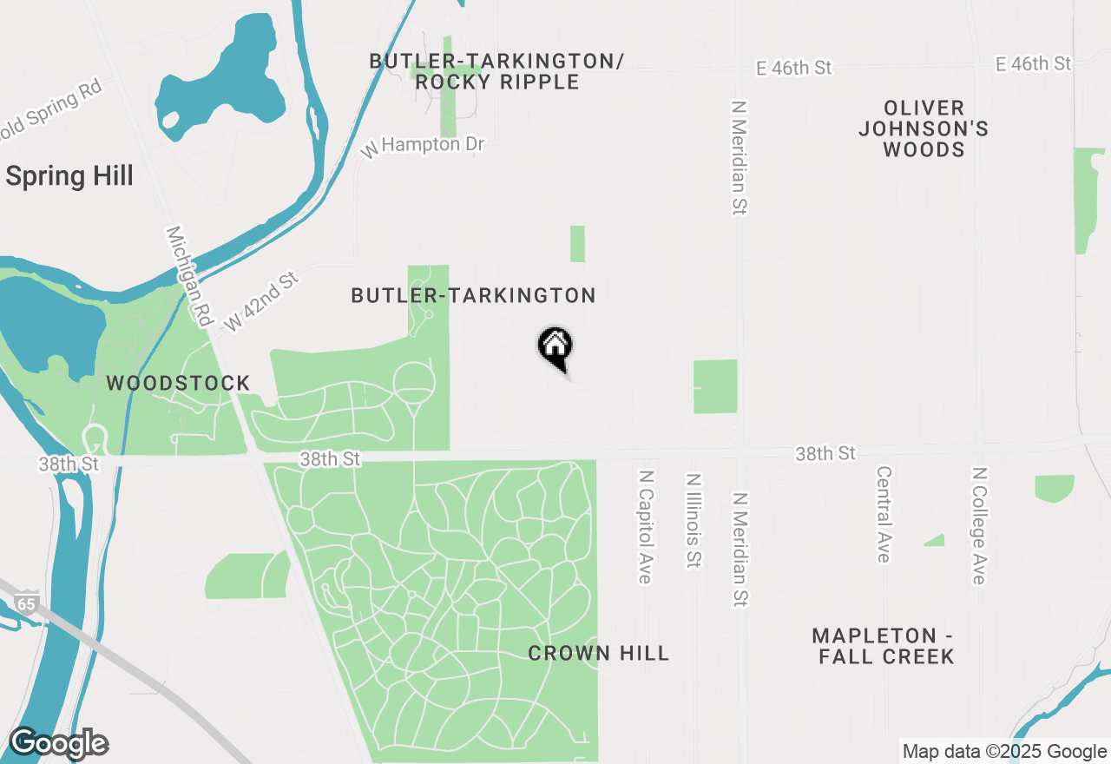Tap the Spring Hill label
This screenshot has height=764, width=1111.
[69, 176]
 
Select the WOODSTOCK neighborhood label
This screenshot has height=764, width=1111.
[178, 383]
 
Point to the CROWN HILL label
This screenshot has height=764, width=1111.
[599, 654]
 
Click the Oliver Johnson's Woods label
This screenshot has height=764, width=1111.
[924, 128]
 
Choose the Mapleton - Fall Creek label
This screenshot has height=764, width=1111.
[886, 646]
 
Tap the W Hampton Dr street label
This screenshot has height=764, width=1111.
[423, 145]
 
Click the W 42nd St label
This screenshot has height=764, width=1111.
[260, 301]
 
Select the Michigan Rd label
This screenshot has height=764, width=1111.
[189, 276]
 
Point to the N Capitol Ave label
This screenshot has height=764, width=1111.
[645, 527]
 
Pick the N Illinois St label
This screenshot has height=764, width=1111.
[693, 520]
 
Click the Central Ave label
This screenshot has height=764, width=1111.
[884, 514]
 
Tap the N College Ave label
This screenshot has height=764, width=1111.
[979, 525]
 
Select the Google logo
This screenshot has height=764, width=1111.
[58, 744]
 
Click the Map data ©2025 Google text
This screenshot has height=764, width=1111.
[1004, 752]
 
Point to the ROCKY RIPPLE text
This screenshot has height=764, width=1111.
[497, 82]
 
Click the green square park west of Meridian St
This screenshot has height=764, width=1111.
[715, 386]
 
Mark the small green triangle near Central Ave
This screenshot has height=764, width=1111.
[936, 540]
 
